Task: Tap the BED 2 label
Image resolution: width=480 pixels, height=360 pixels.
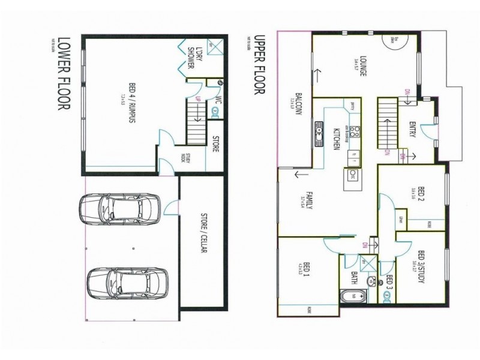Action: pos(412,194)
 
